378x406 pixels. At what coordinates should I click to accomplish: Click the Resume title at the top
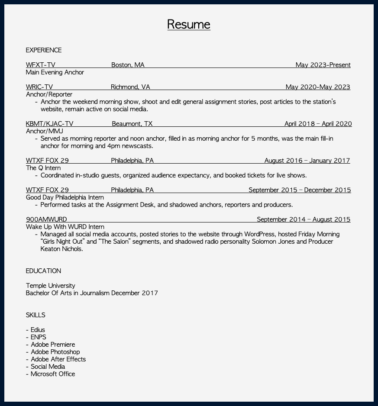(x=189, y=24)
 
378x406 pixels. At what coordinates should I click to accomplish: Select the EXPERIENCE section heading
(x=44, y=50)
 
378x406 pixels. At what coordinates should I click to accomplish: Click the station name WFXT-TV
(x=41, y=65)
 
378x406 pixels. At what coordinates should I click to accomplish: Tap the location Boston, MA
(x=128, y=65)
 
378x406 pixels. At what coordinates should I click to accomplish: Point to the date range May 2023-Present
(x=323, y=65)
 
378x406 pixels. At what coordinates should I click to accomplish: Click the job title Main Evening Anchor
(x=55, y=72)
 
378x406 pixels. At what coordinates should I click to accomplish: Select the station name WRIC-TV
(x=39, y=87)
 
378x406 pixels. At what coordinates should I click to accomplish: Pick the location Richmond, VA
(x=130, y=87)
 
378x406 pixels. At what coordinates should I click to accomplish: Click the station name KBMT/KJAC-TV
(x=50, y=124)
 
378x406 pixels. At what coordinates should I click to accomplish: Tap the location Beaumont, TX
(x=132, y=124)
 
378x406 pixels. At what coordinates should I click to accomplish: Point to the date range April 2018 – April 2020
(x=318, y=124)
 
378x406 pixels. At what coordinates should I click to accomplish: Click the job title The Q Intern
(x=43, y=168)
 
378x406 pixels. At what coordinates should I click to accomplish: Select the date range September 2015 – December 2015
(x=300, y=190)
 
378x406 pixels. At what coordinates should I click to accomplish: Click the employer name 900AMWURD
(x=46, y=219)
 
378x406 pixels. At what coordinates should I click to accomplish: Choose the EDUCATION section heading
(x=43, y=271)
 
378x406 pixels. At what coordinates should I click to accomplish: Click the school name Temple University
(x=51, y=286)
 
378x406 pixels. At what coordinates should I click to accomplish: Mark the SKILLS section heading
(x=36, y=315)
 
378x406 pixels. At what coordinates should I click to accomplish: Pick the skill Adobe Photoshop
(x=55, y=352)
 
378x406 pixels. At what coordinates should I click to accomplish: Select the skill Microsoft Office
(x=53, y=374)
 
